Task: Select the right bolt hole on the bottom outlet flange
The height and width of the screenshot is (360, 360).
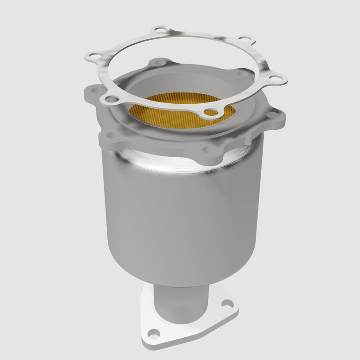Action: [x=226, y=302]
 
